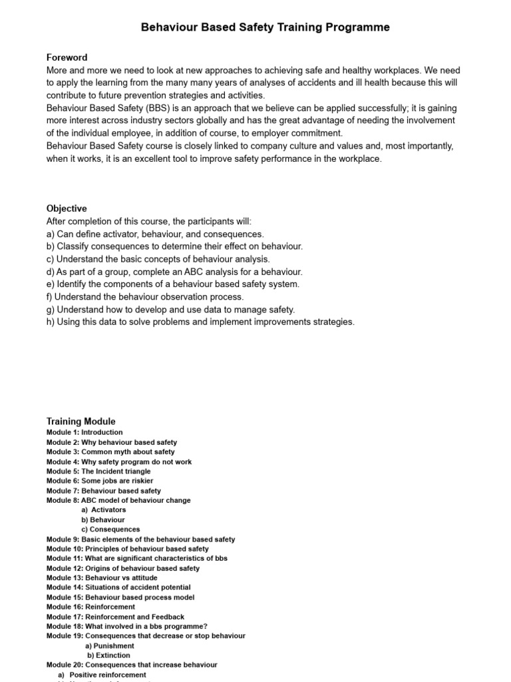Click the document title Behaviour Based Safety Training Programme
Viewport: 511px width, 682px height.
click(x=265, y=27)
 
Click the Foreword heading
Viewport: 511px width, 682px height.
click(x=67, y=57)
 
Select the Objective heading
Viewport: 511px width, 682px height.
click(x=67, y=208)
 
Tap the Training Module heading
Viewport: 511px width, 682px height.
click(x=81, y=421)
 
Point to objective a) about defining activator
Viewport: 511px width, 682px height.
click(x=155, y=234)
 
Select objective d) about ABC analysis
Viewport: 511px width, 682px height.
click(x=174, y=272)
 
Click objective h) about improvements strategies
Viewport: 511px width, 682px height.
click(x=200, y=322)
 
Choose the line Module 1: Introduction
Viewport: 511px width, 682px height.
click(x=85, y=432)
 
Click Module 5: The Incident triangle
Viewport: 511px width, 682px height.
click(x=98, y=471)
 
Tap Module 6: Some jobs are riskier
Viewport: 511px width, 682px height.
click(x=100, y=481)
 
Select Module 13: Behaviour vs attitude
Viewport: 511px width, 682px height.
click(x=102, y=578)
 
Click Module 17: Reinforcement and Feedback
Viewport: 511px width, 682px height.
click(x=115, y=617)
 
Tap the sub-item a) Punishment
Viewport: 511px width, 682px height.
click(x=110, y=645)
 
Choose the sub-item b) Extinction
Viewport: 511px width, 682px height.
click(x=110, y=655)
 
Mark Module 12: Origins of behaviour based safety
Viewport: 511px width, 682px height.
click(x=123, y=568)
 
